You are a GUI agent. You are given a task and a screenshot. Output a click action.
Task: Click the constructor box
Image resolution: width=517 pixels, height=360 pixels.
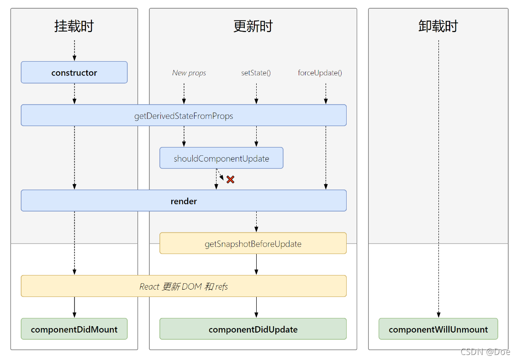pos(74,73)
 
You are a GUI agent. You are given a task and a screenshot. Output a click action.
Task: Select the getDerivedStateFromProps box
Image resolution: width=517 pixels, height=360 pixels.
pos(184,116)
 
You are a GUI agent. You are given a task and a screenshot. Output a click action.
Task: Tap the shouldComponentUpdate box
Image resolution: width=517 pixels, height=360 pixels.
pos(221,158)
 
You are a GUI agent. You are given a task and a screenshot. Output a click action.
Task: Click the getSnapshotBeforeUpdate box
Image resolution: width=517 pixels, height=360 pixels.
pos(253,244)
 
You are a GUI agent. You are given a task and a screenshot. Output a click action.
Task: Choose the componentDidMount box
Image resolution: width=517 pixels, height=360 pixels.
pos(74,329)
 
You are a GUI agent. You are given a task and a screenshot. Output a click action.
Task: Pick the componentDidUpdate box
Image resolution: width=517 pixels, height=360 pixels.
pos(253,329)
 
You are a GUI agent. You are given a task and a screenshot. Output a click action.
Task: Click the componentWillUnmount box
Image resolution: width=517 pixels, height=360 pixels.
pos(438,329)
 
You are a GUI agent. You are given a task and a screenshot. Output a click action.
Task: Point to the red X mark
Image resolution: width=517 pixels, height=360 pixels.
pos(230,180)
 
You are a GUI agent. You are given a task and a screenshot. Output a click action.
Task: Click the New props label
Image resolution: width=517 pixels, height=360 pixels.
pos(189,73)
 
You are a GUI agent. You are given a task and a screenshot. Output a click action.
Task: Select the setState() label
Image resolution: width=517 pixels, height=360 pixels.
pos(256,73)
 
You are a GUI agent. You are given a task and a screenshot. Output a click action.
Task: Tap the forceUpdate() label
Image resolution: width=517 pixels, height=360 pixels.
pos(320,73)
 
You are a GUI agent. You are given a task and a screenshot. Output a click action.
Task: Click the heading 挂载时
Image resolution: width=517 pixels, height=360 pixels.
pos(74,26)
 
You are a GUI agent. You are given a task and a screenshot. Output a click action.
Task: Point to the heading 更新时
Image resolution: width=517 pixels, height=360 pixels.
pos(253,26)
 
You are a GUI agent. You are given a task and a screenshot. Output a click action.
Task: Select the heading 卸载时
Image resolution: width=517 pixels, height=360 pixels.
pos(438,26)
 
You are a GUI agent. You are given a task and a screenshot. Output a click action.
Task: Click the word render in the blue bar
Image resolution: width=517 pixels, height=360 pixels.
pos(184,201)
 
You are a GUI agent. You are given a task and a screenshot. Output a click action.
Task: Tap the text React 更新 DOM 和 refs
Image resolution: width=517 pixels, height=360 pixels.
pos(184,286)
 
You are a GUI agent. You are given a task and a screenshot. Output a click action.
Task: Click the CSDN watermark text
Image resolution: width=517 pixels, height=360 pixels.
pos(485,352)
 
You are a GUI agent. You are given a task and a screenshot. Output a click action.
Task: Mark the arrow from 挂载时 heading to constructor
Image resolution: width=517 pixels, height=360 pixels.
pos(74,50)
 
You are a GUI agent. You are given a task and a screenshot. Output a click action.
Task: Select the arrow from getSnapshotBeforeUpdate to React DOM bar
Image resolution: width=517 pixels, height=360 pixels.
pos(256,264)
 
